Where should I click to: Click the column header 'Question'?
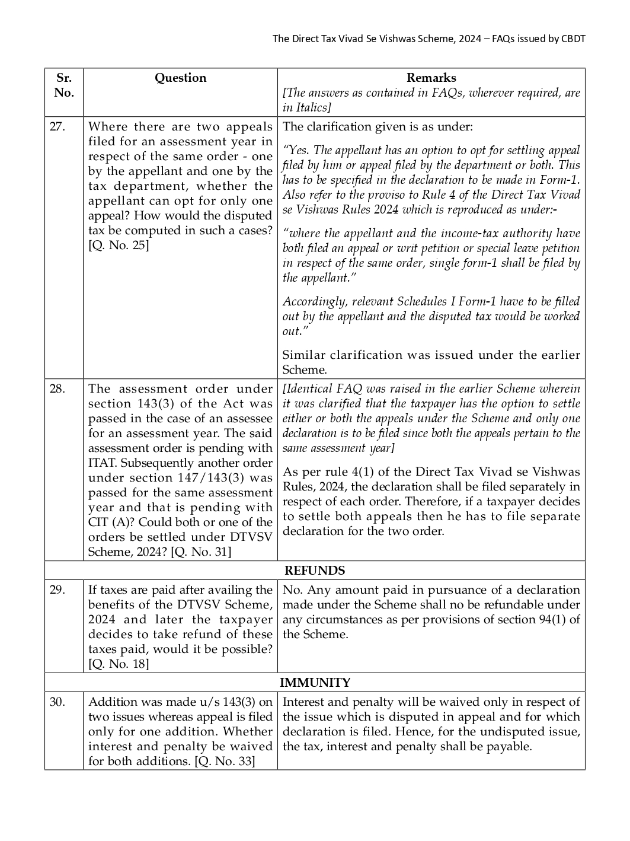point(180,78)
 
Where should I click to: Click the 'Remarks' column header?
point(431,78)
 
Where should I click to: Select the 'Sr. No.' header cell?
point(63,85)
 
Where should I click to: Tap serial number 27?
point(57,127)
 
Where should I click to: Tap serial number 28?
point(57,389)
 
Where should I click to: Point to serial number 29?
point(57,590)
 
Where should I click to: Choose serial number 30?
point(57,702)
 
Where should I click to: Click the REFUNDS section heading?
point(315,571)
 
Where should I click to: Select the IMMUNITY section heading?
point(315,683)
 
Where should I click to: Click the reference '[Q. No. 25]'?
point(119,246)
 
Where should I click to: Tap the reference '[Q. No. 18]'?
point(119,664)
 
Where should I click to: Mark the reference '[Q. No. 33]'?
point(225,762)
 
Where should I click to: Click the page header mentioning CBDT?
point(428,39)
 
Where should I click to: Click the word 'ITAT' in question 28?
point(103,463)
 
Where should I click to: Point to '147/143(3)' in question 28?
point(210,478)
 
